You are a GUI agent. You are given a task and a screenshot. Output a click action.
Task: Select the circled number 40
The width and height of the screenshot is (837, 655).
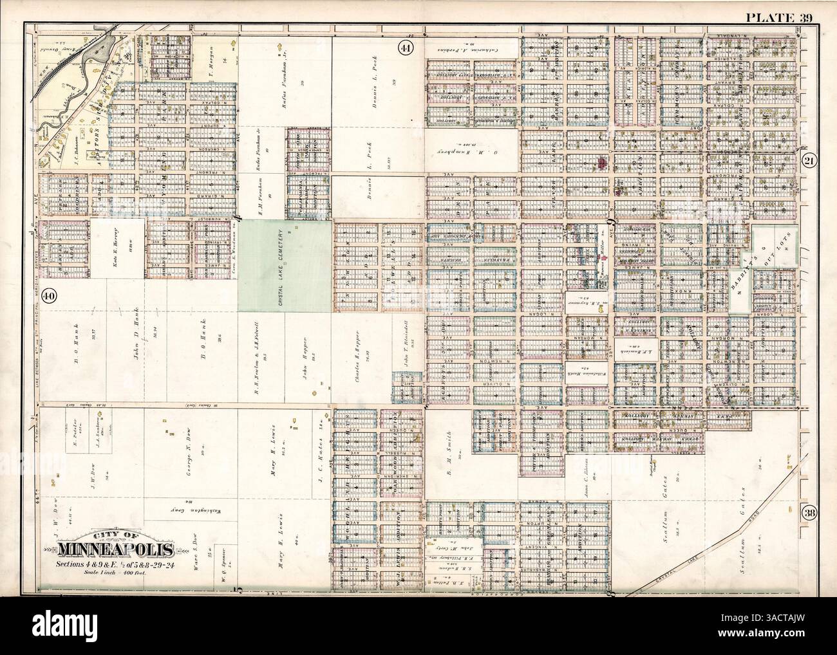click(x=47, y=296)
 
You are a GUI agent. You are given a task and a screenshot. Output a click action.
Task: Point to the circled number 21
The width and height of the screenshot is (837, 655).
click(x=809, y=162)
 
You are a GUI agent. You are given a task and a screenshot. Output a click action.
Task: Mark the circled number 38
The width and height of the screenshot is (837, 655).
click(x=809, y=513)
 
